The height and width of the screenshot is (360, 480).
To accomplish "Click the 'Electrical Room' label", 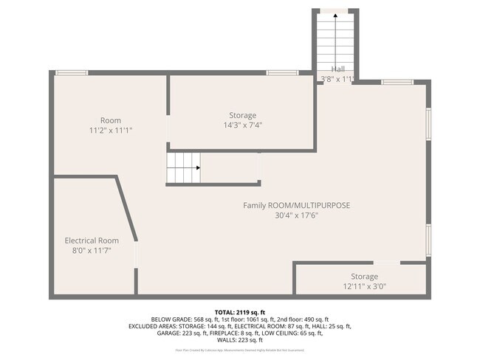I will pyautogui.click(x=92, y=240).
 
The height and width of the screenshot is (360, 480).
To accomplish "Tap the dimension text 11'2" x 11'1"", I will pyautogui.click(x=111, y=131).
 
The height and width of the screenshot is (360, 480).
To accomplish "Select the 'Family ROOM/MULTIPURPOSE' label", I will pyautogui.click(x=297, y=205).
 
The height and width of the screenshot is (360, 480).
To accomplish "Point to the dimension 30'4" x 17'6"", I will pyautogui.click(x=297, y=215).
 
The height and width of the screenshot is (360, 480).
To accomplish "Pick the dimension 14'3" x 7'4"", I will pyautogui.click(x=242, y=125).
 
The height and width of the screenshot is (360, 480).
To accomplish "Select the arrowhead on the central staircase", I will pyautogui.click(x=197, y=167).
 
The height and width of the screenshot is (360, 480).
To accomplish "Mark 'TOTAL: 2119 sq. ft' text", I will pyautogui.click(x=239, y=312).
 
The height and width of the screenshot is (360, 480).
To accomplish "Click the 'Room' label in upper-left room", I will pyautogui.click(x=111, y=120).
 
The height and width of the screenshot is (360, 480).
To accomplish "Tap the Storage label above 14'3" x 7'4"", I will pyautogui.click(x=242, y=115).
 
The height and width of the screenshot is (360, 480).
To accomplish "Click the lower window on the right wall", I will pyautogui.click(x=428, y=240).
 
